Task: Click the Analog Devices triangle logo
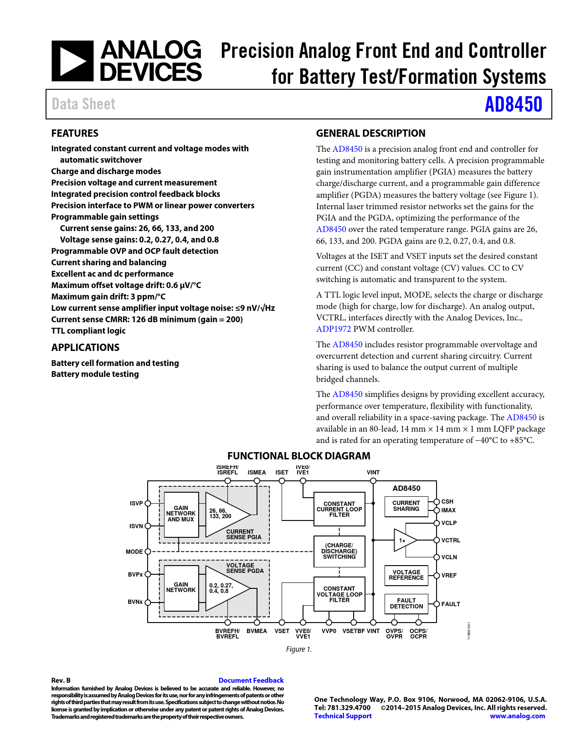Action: coord(72,61)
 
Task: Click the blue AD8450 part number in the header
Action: coord(513,104)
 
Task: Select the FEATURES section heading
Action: coord(75,134)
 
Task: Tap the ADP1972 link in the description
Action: coord(334,329)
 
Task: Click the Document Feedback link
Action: coord(251,680)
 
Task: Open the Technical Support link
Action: coord(343,716)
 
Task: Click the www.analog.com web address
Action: coord(517,716)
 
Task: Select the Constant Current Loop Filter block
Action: coord(339,509)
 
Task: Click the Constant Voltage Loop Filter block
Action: coord(339,594)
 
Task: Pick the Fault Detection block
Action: coord(406,603)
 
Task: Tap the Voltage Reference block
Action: coord(406,575)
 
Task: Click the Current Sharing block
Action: coord(406,506)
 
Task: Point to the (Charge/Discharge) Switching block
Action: coord(339,551)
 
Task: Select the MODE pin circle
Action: coord(148,551)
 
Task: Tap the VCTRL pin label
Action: coord(451,541)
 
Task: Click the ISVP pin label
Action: coord(136,504)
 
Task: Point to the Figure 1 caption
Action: coord(299,649)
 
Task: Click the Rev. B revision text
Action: coord(61,680)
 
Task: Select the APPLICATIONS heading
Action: coord(85,348)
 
